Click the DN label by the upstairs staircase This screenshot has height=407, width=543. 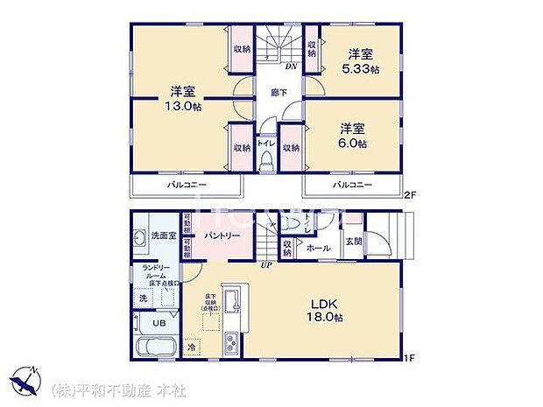tap(292, 65)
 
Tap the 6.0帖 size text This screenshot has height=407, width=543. tap(355, 143)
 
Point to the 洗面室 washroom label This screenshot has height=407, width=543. tap(160, 235)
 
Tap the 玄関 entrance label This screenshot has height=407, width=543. tap(353, 241)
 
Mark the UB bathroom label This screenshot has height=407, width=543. tap(160, 322)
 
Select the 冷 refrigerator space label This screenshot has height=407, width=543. tap(193, 347)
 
